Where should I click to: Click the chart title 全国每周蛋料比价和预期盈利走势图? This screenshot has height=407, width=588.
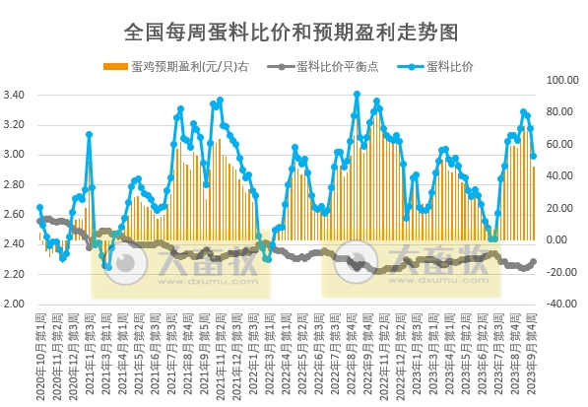pos(293,33)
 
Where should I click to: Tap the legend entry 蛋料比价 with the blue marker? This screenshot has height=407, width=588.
pos(448,68)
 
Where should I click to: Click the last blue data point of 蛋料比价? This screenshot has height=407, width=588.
pos(534,156)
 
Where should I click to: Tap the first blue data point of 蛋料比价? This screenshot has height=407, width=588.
pos(39,207)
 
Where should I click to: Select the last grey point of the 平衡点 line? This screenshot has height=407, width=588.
pos(534,261)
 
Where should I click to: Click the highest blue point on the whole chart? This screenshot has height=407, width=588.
pos(357,94)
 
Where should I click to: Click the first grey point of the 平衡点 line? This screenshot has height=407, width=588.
pos(39,221)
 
